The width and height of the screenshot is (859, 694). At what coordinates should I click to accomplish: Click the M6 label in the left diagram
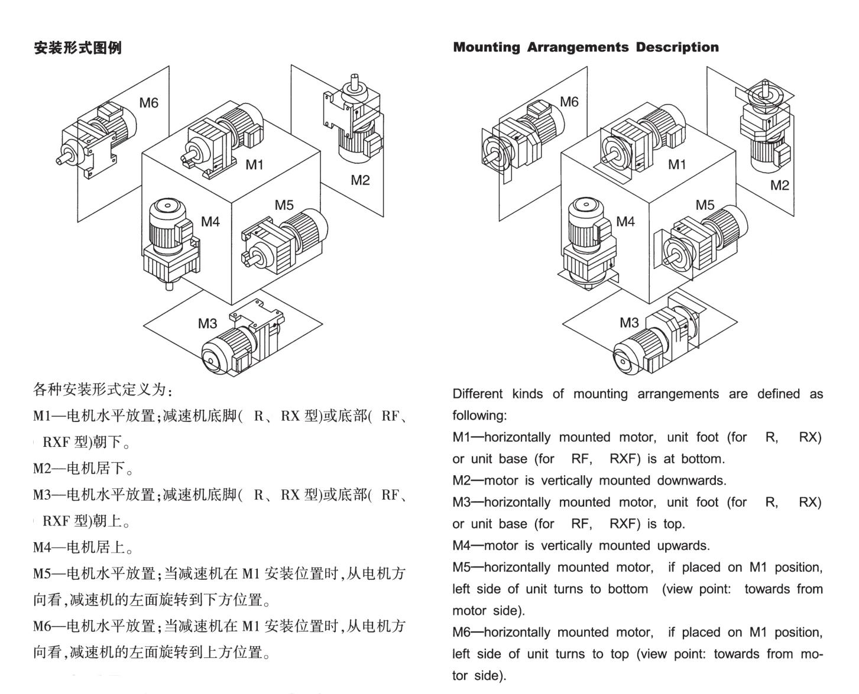click(x=148, y=103)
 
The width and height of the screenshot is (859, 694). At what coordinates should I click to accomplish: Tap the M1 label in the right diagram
click(x=677, y=164)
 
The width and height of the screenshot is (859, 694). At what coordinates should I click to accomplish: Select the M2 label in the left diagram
click(x=360, y=180)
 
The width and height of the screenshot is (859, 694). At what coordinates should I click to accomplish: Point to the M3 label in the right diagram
click(x=629, y=323)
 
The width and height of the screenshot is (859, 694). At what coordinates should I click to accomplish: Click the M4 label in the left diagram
click(x=210, y=222)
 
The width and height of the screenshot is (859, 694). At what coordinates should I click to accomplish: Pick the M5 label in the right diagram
click(x=705, y=205)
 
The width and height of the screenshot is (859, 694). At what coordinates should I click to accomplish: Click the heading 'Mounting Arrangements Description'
click(x=586, y=47)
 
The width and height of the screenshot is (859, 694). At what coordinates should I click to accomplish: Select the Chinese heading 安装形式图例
click(x=77, y=48)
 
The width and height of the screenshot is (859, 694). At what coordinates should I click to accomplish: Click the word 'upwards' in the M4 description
click(x=683, y=546)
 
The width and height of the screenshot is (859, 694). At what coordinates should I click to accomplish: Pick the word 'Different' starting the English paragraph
click(x=478, y=394)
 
